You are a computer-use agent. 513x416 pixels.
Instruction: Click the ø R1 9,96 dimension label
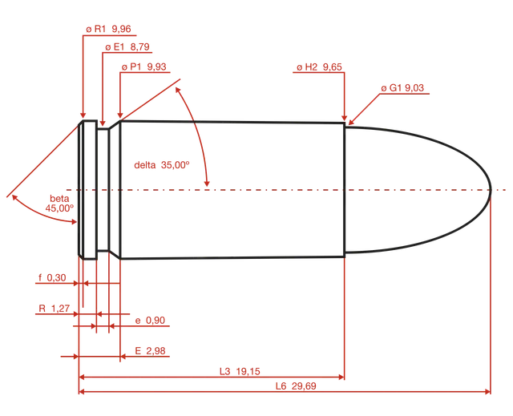point(108,29)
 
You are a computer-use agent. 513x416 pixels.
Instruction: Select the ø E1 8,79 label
point(127,47)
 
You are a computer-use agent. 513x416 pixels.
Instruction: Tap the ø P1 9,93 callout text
point(144,67)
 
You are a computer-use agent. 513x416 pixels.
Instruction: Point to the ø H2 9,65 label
point(319,67)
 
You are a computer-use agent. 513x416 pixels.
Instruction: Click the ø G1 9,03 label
point(402,88)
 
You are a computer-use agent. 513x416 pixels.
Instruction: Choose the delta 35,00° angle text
point(162,165)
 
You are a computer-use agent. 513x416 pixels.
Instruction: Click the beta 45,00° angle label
point(59,203)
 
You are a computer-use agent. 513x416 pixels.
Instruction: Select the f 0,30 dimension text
point(52,278)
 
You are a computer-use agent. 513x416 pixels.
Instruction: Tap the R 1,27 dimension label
point(55,309)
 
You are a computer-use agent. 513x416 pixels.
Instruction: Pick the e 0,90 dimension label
point(150,321)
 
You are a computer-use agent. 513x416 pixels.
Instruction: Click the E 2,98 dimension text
point(150,351)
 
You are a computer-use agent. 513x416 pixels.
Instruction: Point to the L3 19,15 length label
point(240,372)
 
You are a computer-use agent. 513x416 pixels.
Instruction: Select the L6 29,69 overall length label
point(296,386)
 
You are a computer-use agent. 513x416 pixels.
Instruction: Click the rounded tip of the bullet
point(491,190)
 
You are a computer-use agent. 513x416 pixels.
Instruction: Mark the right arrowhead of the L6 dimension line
point(487,391)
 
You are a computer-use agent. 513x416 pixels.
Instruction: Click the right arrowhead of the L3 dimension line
point(341,377)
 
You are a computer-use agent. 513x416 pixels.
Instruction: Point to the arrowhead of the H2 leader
point(344,118)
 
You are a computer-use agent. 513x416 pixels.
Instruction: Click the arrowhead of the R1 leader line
point(83,115)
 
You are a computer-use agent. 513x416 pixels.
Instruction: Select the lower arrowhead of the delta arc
point(207,184)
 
